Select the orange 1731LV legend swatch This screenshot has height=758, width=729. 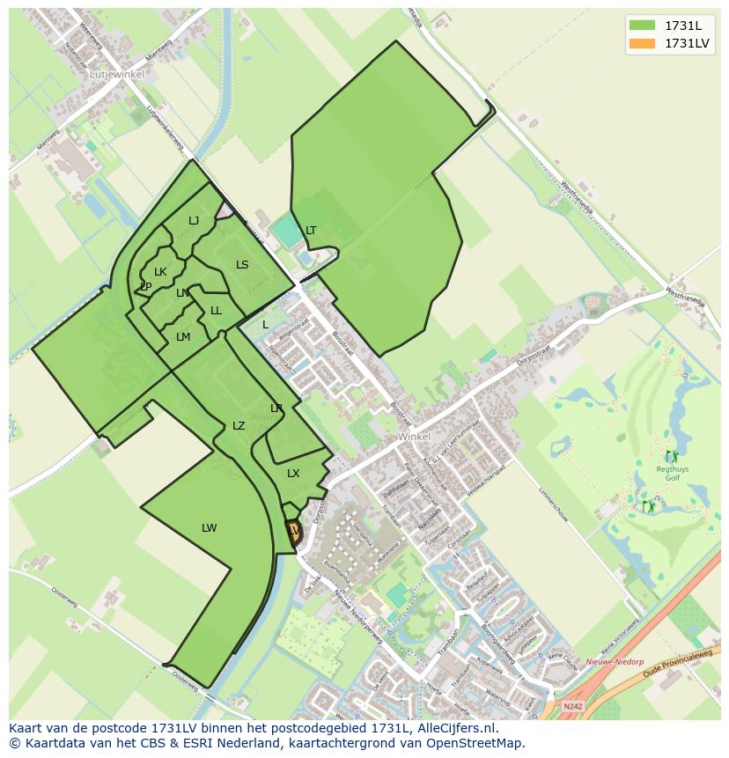(x=643, y=43)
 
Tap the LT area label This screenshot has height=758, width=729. (x=311, y=231)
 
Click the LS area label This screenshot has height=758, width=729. (x=242, y=265)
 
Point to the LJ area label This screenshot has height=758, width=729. (x=194, y=221)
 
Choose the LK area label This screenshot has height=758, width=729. (x=160, y=272)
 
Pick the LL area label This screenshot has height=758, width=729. (x=216, y=311)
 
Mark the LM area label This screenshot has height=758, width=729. (x=183, y=337)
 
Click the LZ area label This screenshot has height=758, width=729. (x=239, y=426)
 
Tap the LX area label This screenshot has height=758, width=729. (x=293, y=474)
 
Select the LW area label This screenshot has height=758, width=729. (x=209, y=528)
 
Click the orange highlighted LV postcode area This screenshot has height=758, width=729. (x=293, y=531)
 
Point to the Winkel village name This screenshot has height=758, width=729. (x=414, y=437)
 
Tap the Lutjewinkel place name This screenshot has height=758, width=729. (x=117, y=75)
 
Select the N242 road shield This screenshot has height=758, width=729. (x=572, y=706)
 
